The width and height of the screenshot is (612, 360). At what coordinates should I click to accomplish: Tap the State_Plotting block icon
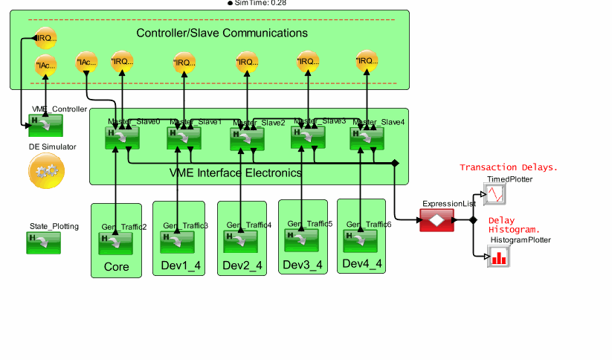click(44, 242)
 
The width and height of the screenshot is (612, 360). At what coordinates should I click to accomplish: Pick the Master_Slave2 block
click(247, 138)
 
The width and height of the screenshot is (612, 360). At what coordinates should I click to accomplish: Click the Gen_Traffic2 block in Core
click(115, 242)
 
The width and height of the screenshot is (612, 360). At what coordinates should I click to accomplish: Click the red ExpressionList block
click(437, 219)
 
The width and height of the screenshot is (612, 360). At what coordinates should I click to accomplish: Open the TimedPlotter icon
click(496, 194)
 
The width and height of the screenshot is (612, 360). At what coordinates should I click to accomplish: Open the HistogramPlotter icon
click(497, 257)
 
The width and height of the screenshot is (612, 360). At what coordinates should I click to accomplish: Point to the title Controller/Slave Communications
click(222, 33)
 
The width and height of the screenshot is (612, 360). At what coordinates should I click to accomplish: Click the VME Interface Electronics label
click(236, 173)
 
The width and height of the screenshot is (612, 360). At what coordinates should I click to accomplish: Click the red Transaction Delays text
click(508, 167)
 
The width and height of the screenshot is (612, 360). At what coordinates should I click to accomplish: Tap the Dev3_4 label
click(303, 265)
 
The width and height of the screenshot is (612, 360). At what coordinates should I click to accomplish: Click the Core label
click(116, 266)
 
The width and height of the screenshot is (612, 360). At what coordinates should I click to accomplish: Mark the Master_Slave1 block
click(184, 138)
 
